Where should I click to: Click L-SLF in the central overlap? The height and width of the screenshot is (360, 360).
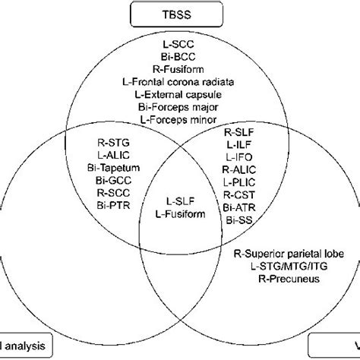pyautogui.click(x=180, y=203)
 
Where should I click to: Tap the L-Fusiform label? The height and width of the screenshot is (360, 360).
pyautogui.click(x=180, y=215)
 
